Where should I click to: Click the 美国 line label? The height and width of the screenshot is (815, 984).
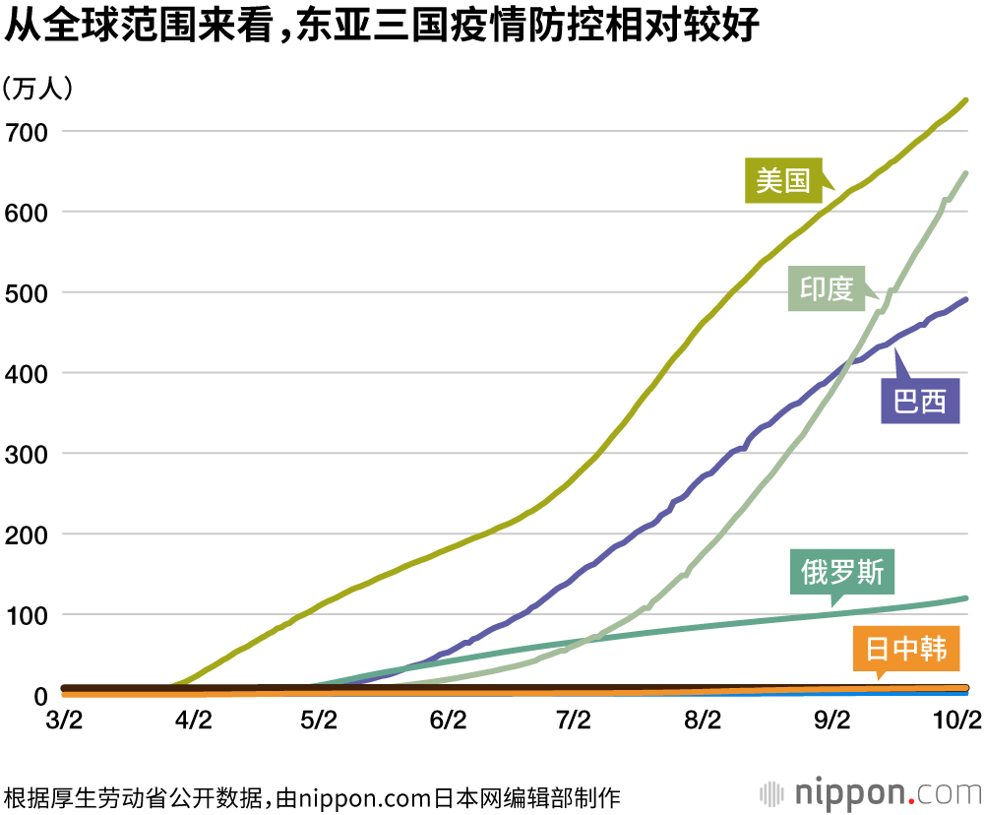pos(782,180)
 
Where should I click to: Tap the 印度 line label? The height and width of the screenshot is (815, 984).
pos(825,288)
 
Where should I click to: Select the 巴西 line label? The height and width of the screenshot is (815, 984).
pos(919,402)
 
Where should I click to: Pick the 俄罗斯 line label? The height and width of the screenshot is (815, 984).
pos(842,572)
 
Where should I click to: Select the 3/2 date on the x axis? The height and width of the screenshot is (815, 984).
pos(64,721)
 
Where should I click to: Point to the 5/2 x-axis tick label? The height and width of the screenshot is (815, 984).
pos(319,721)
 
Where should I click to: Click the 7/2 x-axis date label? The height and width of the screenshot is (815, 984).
pos(574,721)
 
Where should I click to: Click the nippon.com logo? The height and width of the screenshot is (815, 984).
pos(870,792)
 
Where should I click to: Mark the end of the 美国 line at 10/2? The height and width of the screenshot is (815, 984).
pos(965,100)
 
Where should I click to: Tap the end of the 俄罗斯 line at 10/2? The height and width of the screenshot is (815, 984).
pos(965,597)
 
